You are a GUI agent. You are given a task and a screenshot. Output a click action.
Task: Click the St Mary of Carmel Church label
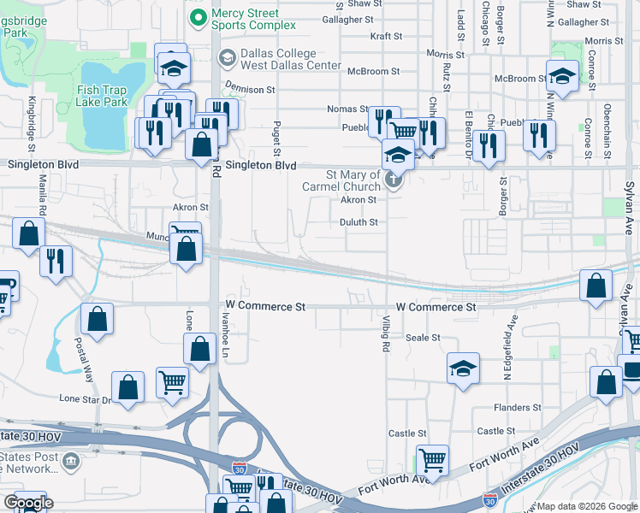click(341, 180)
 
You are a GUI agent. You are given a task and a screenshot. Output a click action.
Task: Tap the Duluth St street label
click(359, 221)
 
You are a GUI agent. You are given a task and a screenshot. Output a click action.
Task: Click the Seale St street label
click(423, 338)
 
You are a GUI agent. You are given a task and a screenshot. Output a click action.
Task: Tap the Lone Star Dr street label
click(86, 399)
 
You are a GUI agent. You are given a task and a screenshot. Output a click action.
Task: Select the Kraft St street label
click(386, 36)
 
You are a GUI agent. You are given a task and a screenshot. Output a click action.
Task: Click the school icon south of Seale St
click(464, 369)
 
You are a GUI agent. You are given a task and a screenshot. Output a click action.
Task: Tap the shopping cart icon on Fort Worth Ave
click(433, 460)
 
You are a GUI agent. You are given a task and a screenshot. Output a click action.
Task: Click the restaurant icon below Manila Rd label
click(56, 260)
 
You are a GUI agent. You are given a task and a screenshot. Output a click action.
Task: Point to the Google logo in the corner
click(28, 503)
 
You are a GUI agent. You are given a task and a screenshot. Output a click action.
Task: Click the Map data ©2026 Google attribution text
click(586, 506)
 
